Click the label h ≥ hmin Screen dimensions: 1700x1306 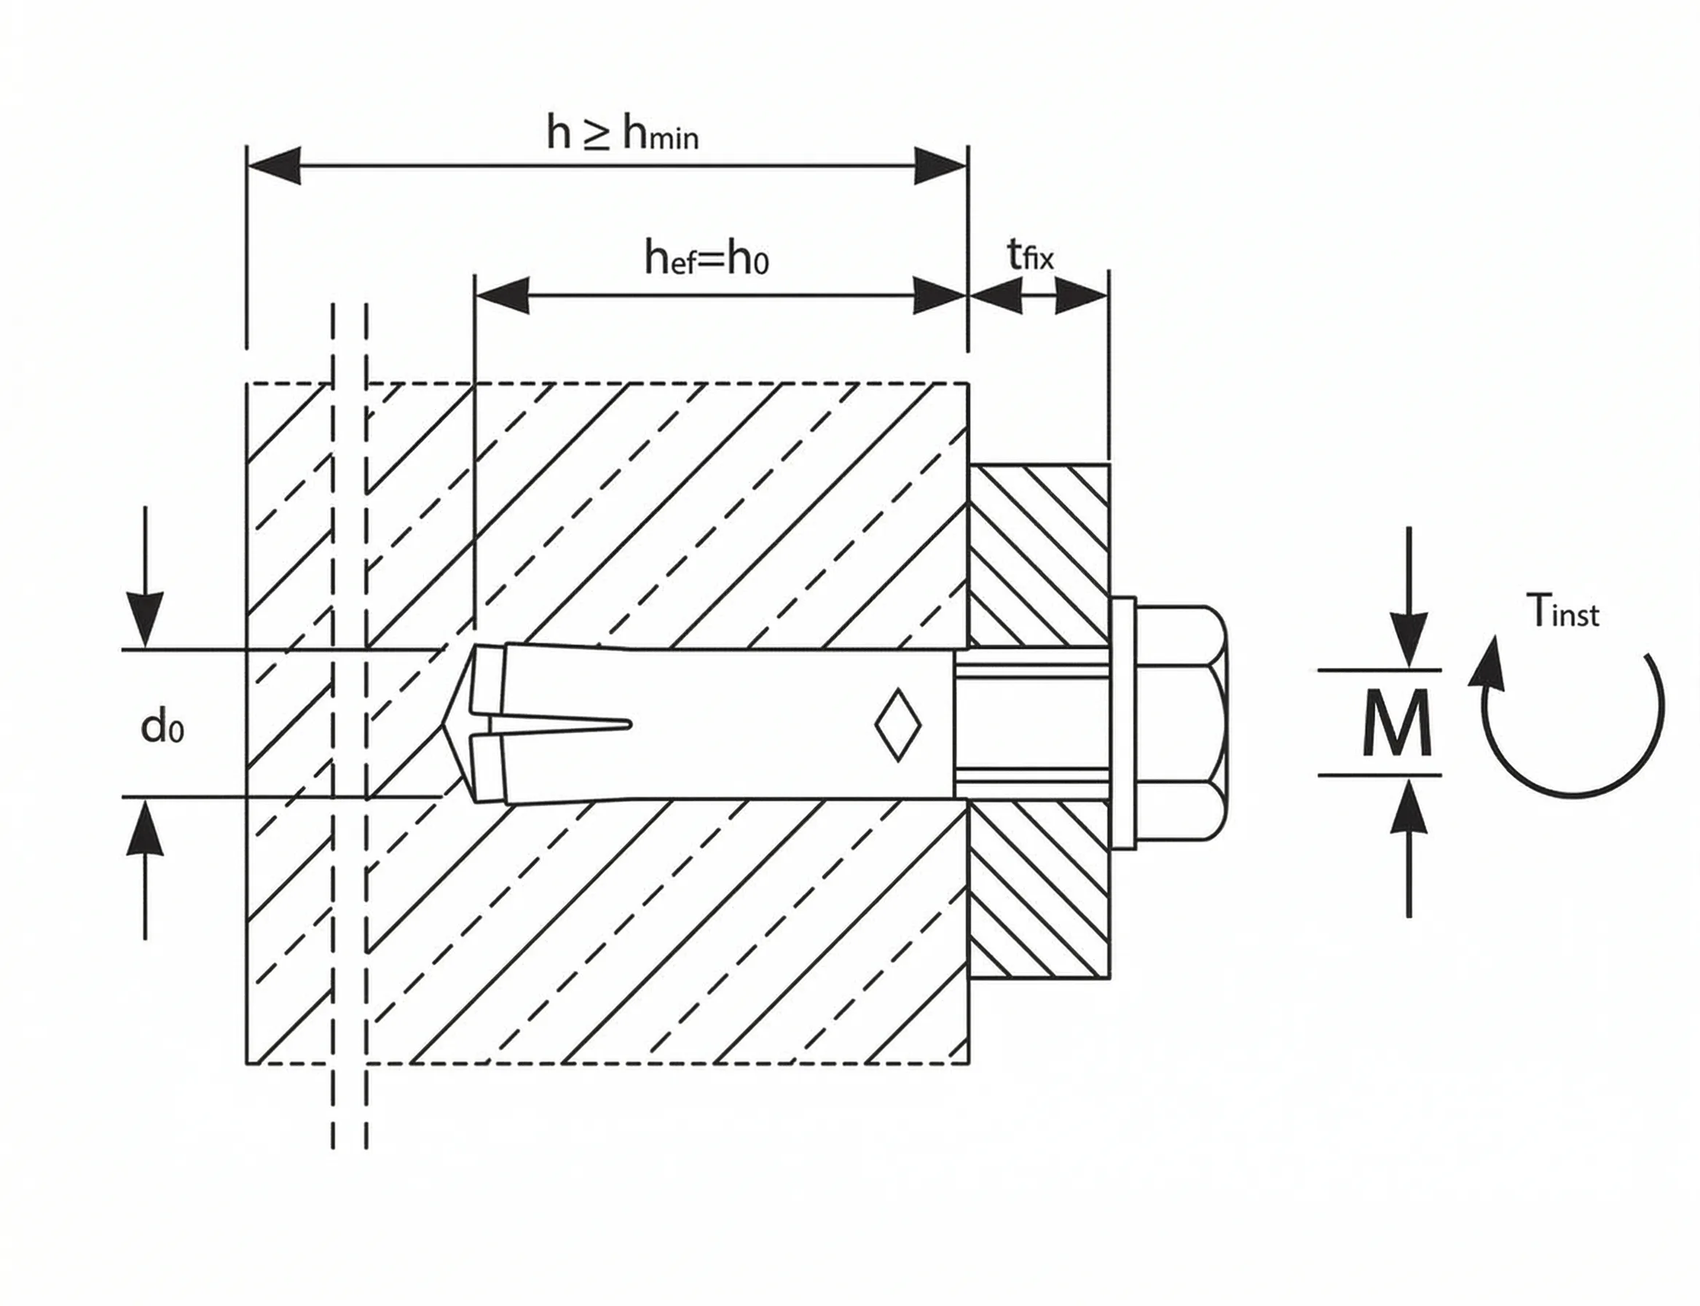coord(622,133)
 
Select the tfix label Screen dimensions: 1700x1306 coord(1030,254)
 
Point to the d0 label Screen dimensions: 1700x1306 coord(162,727)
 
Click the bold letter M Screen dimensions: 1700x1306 coord(1397,723)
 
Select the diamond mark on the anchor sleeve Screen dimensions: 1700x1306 coord(897,724)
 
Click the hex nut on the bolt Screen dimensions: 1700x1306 coord(1181,723)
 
